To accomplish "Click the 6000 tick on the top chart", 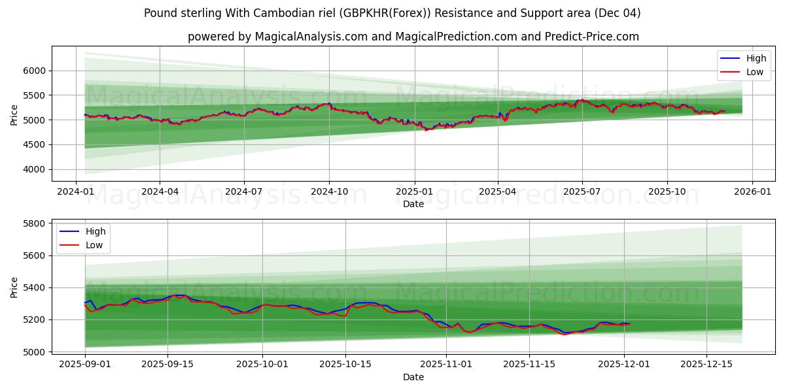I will click(34, 71).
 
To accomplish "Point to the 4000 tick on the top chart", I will click(34, 169).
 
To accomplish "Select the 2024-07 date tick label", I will click(244, 191).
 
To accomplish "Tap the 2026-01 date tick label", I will click(752, 191).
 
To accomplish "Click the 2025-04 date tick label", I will click(498, 191).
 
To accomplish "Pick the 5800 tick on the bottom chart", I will click(34, 223).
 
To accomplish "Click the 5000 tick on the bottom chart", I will click(34, 351).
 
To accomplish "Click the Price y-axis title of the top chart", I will click(14, 114).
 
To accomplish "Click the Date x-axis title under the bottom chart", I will click(413, 377).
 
